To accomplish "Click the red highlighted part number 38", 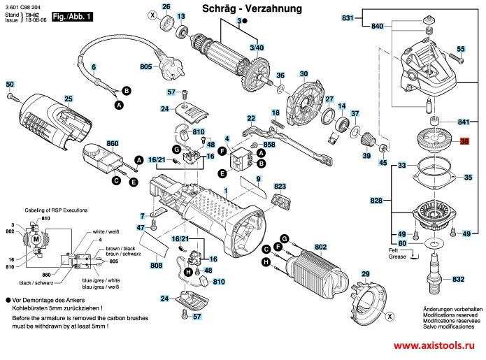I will point(464,142).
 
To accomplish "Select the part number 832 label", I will point(458,280).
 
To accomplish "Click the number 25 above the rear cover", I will point(68,99).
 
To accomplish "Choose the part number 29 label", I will point(364,273).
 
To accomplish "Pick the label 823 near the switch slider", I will point(280,187).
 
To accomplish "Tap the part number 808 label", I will point(157,266).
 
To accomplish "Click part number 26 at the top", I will point(166,7).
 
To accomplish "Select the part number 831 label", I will point(348,17).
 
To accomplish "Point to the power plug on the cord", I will point(168,66).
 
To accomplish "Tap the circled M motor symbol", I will point(34,239).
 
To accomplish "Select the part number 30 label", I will point(303,73).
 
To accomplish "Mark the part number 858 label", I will point(269,145).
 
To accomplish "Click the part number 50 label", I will point(10,85).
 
